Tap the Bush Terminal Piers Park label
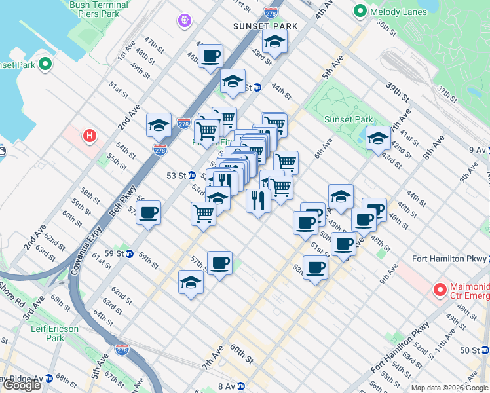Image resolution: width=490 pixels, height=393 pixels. pyautogui.click(x=98, y=9)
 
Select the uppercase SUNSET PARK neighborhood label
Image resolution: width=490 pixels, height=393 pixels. pyautogui.click(x=265, y=26)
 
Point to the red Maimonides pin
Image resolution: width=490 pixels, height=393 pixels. pyautogui.click(x=440, y=288)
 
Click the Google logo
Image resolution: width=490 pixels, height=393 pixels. pyautogui.click(x=22, y=385)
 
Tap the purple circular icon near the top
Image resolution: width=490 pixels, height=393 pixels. pyautogui.click(x=185, y=22)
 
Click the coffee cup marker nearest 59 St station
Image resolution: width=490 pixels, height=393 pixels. pyautogui.click(x=149, y=214)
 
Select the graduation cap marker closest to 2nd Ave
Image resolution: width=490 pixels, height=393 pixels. pyautogui.click(x=159, y=124)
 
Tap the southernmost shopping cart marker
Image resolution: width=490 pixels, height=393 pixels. pyautogui.click(x=204, y=214)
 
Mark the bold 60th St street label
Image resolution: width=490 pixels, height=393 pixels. pyautogui.click(x=242, y=356)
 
